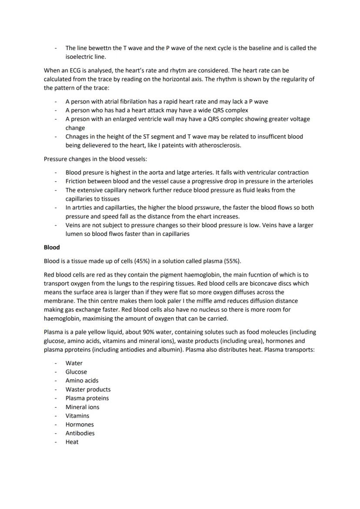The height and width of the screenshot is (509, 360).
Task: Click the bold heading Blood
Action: [x=52, y=247]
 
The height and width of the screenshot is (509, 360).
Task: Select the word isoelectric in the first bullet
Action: [x=80, y=57]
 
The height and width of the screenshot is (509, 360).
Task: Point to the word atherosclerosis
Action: [x=217, y=145]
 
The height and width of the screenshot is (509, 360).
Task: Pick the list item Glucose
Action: [x=76, y=372]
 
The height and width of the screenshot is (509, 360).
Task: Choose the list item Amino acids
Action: [x=82, y=380]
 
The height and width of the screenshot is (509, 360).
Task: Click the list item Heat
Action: [x=72, y=442]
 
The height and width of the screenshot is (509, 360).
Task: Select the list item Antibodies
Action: [x=80, y=433]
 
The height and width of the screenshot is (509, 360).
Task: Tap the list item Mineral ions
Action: [x=82, y=407]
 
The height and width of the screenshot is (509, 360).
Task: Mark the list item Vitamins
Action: [x=77, y=416]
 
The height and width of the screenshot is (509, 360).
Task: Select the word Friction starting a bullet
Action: [x=77, y=181]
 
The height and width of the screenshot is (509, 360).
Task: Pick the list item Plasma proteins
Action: [x=87, y=398]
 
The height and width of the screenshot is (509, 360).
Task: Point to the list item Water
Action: [x=74, y=363]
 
